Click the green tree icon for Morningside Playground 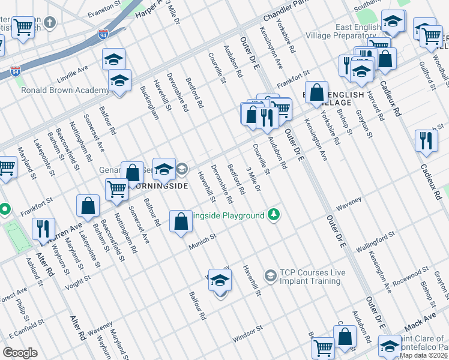[274, 214]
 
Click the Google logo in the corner [20, 352]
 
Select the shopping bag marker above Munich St [181, 221]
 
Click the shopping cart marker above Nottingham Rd [116, 190]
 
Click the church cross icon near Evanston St [50, 23]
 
